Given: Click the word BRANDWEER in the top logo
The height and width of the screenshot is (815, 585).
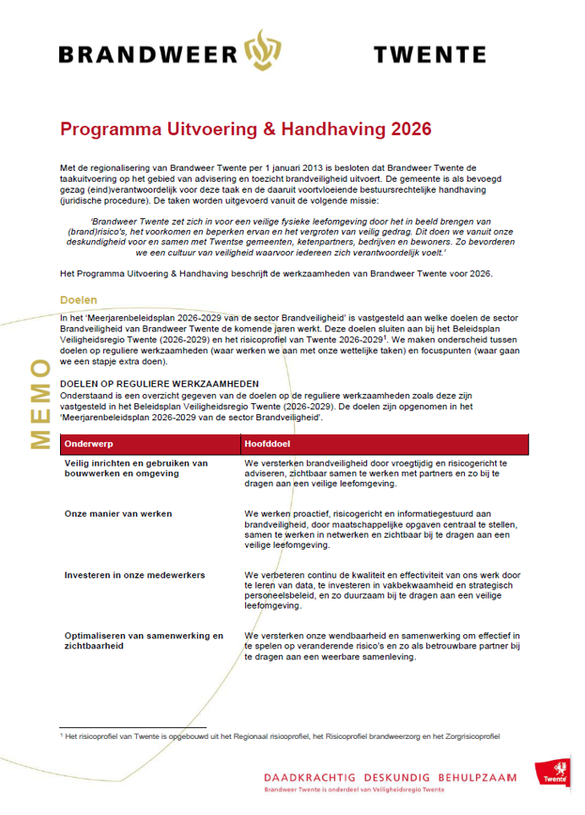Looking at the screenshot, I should point(148,55).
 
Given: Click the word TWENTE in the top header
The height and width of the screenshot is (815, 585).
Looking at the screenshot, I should point(429,55).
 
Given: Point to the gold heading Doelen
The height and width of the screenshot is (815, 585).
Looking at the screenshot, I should point(78,300).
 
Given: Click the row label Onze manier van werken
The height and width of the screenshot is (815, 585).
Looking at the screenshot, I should point(118,513).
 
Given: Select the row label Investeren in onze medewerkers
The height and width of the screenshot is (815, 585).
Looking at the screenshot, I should point(134,575).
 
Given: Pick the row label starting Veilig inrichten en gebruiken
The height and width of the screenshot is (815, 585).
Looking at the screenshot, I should point(136,468).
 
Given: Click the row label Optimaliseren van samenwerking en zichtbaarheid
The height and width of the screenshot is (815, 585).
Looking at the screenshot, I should point(144,640).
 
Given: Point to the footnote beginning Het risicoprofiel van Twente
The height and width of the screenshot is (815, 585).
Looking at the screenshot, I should point(279,736).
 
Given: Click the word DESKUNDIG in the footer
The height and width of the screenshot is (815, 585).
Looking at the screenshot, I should point(396,777).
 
